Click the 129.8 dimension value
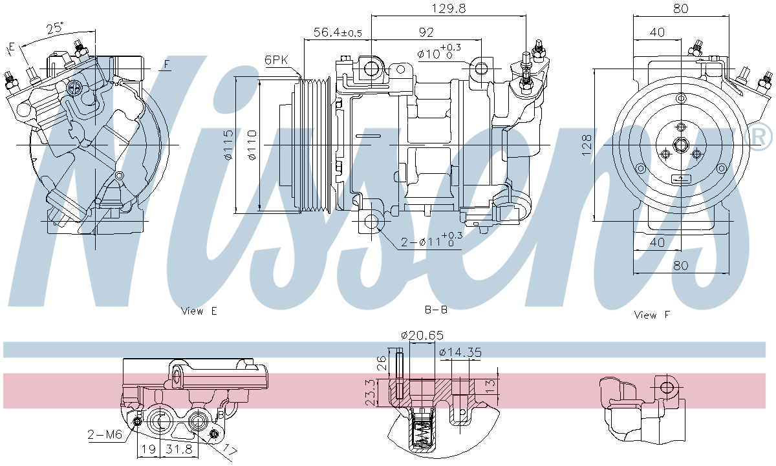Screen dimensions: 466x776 point(447,8)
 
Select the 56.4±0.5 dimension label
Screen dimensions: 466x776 point(338,32)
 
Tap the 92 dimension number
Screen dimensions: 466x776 point(426,32)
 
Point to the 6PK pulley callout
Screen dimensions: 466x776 point(276,60)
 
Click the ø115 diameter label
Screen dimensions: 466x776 point(227,145)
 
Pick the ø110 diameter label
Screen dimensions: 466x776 point(251,145)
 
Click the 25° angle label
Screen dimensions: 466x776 point(56,28)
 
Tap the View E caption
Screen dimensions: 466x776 point(199,311)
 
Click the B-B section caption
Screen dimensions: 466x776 point(436,310)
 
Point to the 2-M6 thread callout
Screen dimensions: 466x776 point(105,434)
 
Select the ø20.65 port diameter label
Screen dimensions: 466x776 point(422,335)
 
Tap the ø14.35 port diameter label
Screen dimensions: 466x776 point(460,352)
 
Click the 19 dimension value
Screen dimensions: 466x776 point(148,449)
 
